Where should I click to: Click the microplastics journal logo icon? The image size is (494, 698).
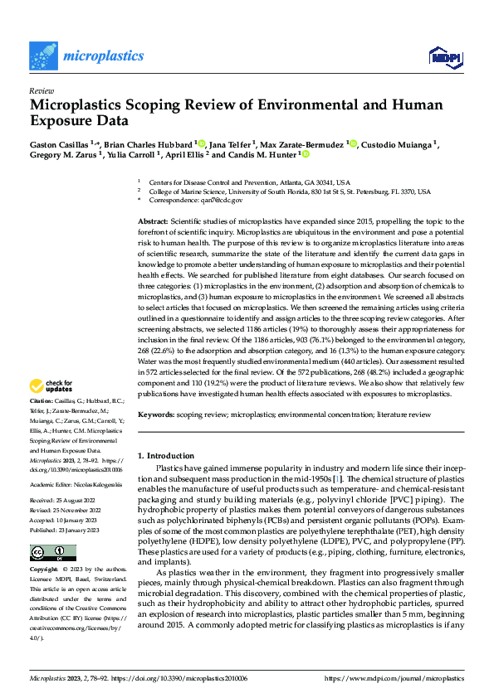click(x=44, y=56)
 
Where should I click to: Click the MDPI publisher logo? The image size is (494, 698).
click(x=444, y=56)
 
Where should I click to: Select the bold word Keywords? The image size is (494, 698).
click(x=156, y=412)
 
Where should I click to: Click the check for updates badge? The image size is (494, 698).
click(x=51, y=385)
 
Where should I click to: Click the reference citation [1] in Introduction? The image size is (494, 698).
click(x=337, y=480)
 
